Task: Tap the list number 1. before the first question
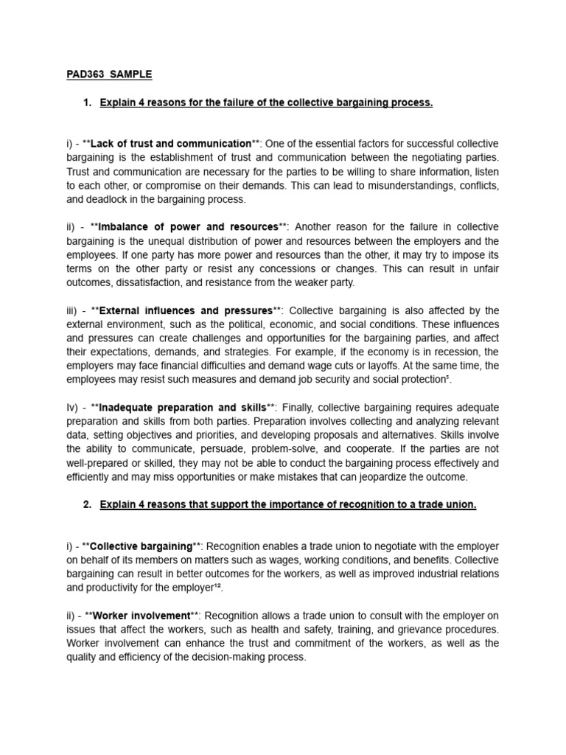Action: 88,102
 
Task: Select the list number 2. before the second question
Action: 88,504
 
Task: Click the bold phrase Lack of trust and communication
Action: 170,143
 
